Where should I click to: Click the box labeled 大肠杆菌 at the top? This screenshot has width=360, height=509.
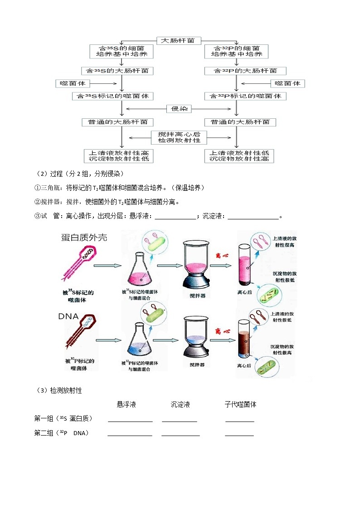(x=178, y=40)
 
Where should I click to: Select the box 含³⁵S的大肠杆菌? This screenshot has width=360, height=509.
(x=117, y=71)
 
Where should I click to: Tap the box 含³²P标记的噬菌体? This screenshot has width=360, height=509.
(x=245, y=96)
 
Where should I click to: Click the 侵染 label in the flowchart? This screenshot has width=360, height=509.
(x=179, y=109)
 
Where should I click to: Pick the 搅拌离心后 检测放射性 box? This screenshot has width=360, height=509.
(x=179, y=137)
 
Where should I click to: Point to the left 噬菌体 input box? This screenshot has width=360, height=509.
(x=73, y=83)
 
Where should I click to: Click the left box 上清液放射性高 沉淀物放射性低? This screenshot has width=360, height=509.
(x=119, y=156)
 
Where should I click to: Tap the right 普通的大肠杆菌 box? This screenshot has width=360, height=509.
(x=240, y=122)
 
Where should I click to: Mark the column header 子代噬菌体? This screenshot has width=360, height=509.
(x=240, y=404)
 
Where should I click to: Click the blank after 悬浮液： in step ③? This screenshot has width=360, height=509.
(x=175, y=217)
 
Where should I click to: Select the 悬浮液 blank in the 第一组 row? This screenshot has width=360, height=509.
(x=130, y=419)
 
